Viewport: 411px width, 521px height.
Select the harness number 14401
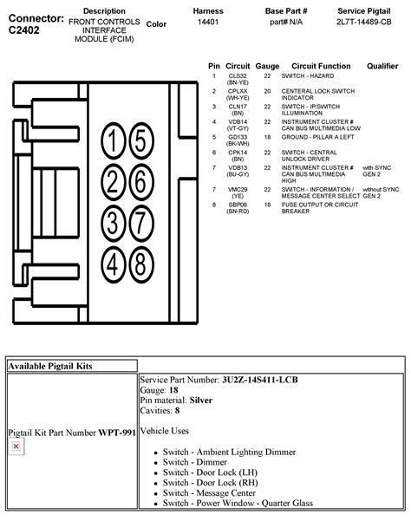pyautogui.click(x=207, y=23)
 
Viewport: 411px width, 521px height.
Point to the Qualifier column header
pyautogui.click(x=382, y=65)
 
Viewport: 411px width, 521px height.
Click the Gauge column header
pyautogui.click(x=267, y=65)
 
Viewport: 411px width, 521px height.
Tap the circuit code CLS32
pyautogui.click(x=238, y=75)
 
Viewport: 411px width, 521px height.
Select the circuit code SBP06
pyautogui.click(x=238, y=205)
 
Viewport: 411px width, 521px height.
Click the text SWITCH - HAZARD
pyautogui.click(x=307, y=75)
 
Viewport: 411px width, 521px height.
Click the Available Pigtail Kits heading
pyautogui.click(x=50, y=367)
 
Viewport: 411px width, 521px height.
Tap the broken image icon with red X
pyautogui.click(x=16, y=446)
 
